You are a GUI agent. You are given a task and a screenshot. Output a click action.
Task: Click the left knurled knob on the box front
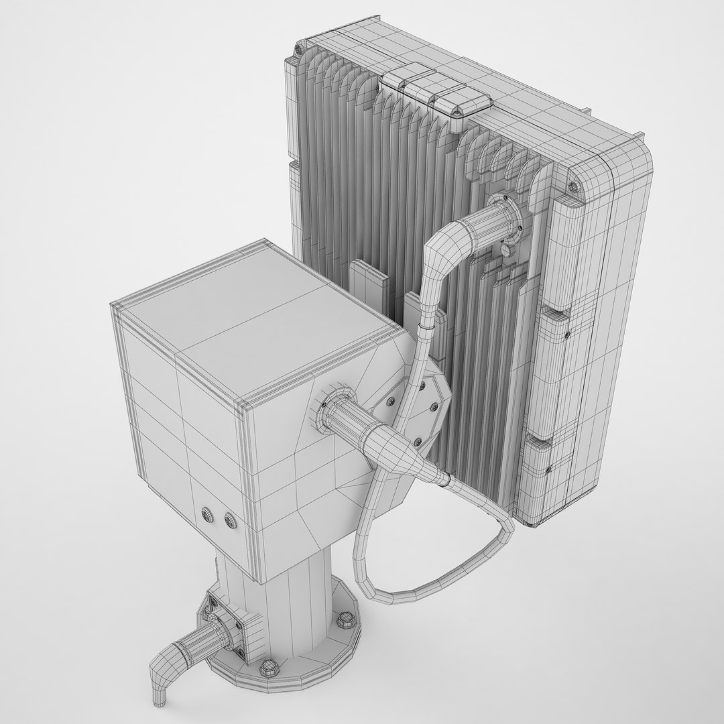(208, 513)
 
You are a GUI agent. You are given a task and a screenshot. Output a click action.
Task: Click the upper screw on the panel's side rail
(567, 333)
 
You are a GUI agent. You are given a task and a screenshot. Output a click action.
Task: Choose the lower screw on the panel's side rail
(548, 469)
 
